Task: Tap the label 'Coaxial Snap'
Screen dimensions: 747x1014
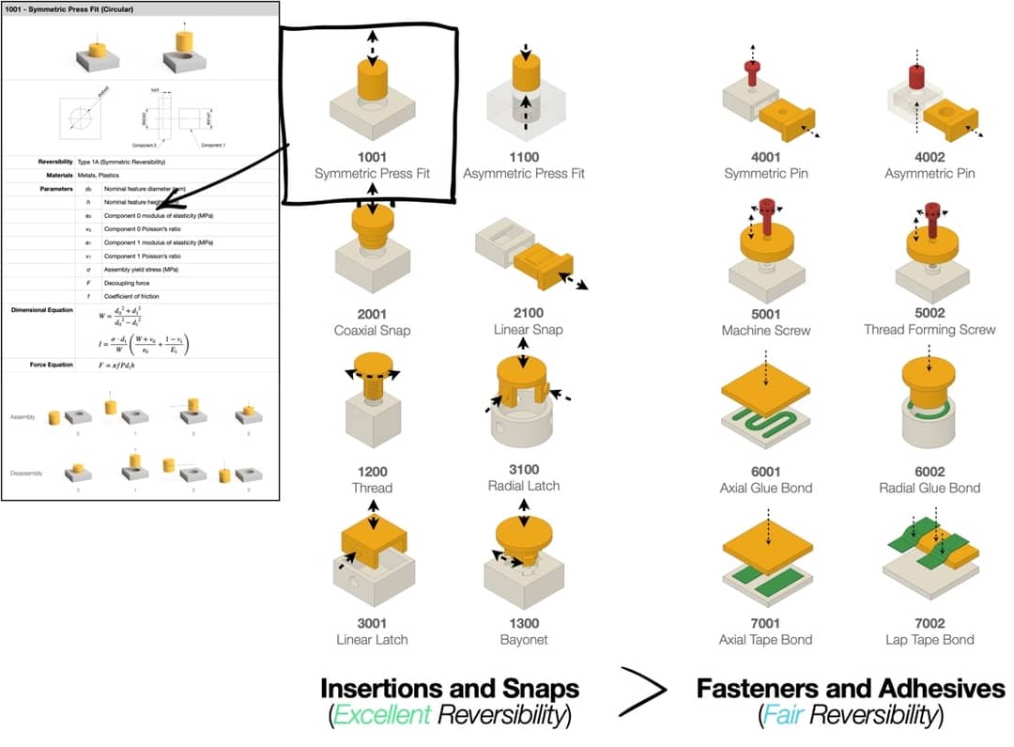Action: coord(372,330)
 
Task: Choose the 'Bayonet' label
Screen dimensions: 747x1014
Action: coord(524,639)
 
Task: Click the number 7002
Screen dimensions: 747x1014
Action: coord(929,623)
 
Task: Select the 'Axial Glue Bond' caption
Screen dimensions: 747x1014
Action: coord(766,488)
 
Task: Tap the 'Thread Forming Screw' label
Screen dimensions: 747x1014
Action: coord(929,330)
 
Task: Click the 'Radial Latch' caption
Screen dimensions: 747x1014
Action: coord(524,486)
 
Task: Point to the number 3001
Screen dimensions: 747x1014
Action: coord(372,623)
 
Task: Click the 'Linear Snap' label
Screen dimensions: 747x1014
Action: coord(524,330)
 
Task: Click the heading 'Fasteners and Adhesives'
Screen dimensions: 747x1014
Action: coord(851,689)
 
